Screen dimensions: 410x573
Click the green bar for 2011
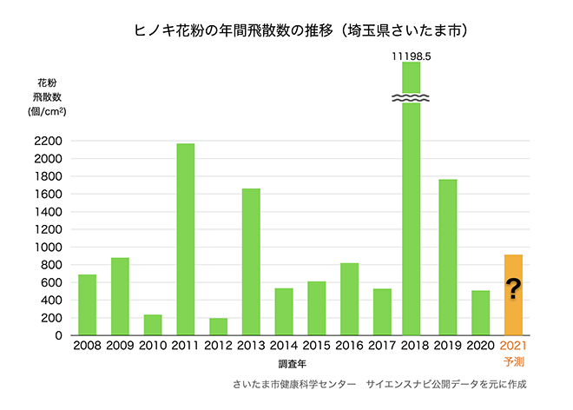pyautogui.click(x=185, y=239)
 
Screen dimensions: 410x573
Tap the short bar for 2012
pyautogui.click(x=218, y=327)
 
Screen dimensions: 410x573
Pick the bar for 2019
pyautogui.click(x=448, y=257)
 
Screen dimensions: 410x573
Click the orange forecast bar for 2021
pyautogui.click(x=513, y=294)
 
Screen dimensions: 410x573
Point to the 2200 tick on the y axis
pyautogui.click(x=49, y=141)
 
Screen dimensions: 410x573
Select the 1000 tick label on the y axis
pyautogui.click(x=49, y=247)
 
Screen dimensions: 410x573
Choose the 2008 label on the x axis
pyautogui.click(x=87, y=347)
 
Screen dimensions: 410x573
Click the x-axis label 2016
pyautogui.click(x=349, y=347)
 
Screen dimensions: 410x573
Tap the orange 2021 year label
pyautogui.click(x=514, y=347)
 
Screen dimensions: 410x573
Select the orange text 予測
pyautogui.click(x=514, y=361)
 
